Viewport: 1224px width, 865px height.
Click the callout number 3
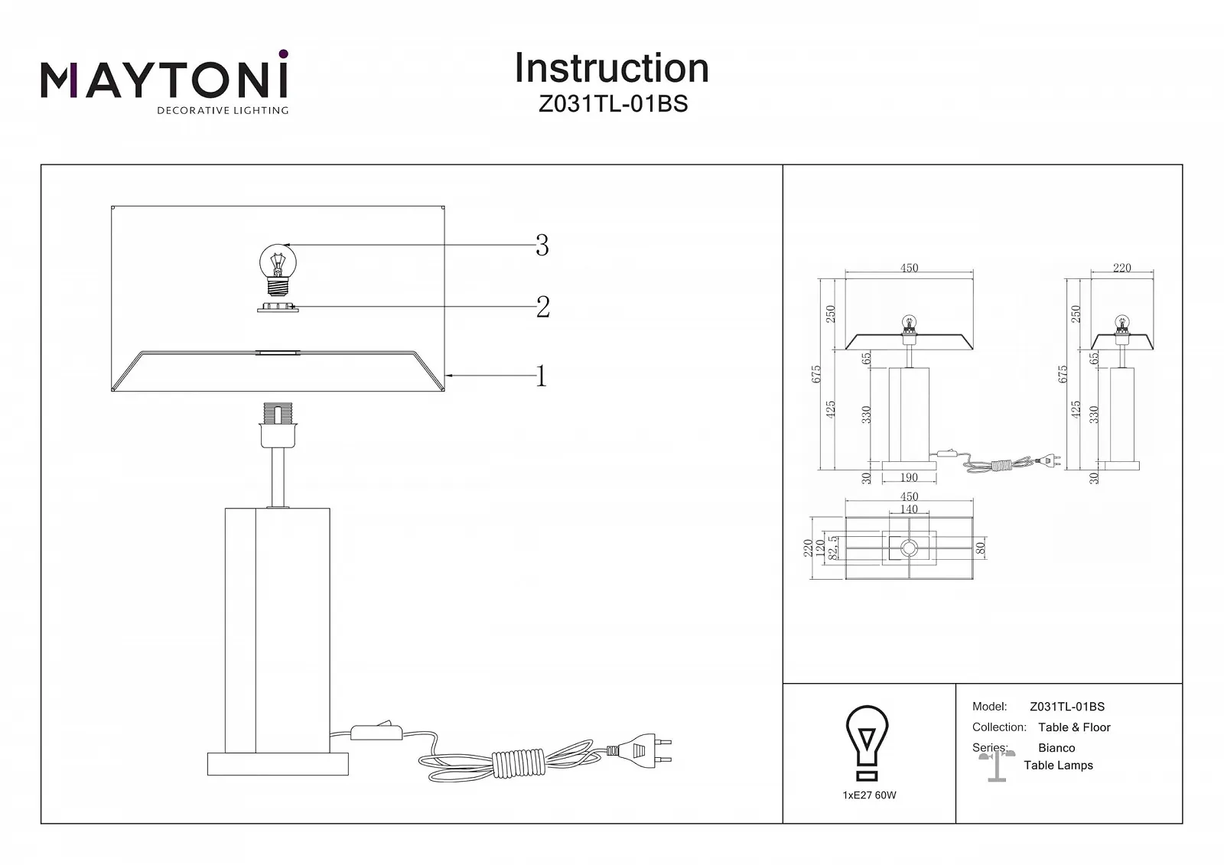coord(542,246)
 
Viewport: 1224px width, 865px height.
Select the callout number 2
coord(542,307)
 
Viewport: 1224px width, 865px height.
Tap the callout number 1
coord(542,376)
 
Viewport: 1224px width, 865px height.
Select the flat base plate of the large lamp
coord(278,763)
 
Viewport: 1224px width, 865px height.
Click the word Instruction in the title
coord(611,68)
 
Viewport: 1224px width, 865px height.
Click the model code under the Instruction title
coord(613,104)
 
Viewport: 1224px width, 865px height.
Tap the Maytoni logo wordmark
coord(164,80)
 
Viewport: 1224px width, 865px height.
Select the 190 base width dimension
coord(909,477)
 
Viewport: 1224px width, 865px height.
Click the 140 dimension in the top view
coord(909,509)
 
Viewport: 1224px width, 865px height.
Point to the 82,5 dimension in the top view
coord(833,548)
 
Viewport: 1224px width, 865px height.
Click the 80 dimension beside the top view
coord(981,548)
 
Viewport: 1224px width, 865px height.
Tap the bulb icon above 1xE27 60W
coord(867,735)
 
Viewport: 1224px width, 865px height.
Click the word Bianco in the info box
coord(1056,748)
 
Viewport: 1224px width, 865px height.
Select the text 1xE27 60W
coord(869,795)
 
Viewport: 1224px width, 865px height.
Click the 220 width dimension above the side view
coord(1121,268)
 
